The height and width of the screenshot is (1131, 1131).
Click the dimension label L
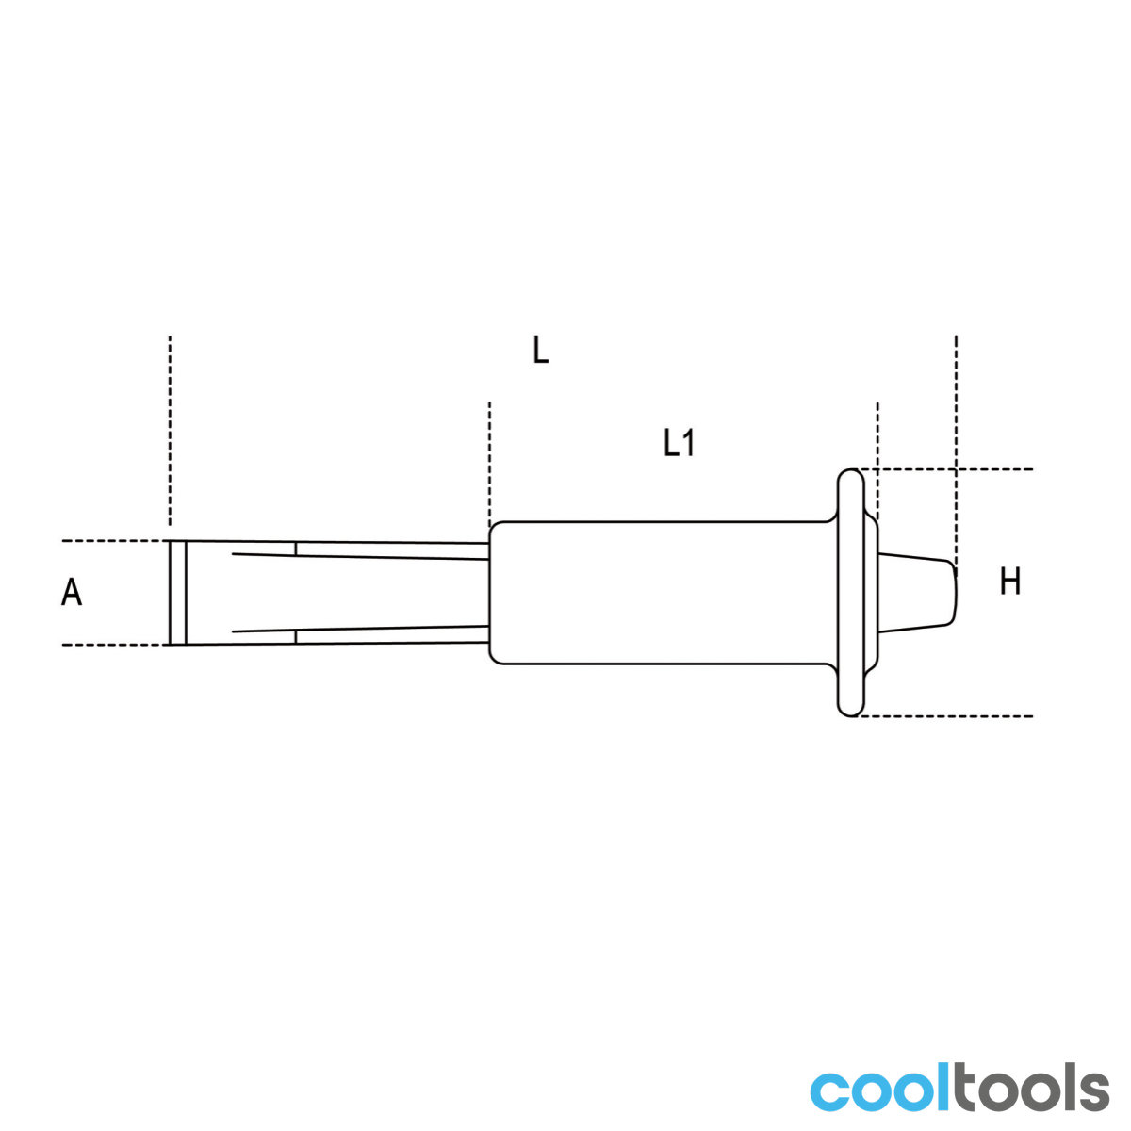[540, 350]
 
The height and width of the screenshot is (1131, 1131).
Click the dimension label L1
[679, 443]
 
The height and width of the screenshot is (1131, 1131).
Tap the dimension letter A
[72, 592]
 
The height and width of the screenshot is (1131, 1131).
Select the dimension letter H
[1010, 582]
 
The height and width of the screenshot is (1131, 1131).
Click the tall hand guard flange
[850, 593]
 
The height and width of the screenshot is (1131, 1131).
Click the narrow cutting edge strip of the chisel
[178, 592]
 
